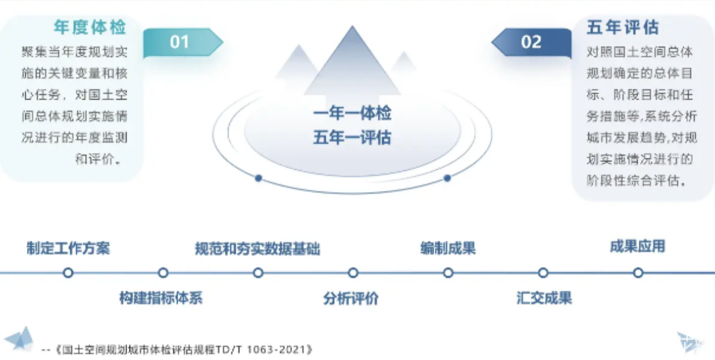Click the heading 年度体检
tap(90, 27)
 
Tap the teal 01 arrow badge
tap(183, 43)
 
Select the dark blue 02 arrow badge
tap(531, 43)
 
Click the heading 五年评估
tap(623, 27)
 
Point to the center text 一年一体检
tap(352, 113)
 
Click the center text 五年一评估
tap(352, 137)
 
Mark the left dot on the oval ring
tap(258, 178)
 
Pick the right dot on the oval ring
tap(447, 178)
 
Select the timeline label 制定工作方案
tap(68, 248)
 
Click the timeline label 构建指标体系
tap(161, 298)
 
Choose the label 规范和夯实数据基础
tap(258, 248)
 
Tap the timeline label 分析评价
tap(351, 298)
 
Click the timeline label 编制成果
tap(448, 248)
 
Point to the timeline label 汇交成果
tap(544, 298)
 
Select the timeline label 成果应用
tap(638, 247)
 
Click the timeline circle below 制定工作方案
tap(68, 273)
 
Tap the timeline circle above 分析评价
tap(353, 273)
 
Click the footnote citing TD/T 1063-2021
tap(177, 350)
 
